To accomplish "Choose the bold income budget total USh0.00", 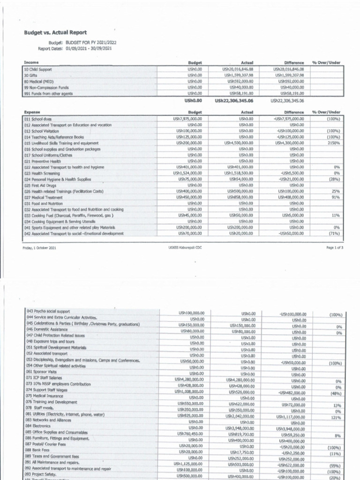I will point(193,100).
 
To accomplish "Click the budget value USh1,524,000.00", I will point(187,173).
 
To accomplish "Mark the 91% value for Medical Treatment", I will point(336,197).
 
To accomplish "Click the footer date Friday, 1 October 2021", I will point(39,248).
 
